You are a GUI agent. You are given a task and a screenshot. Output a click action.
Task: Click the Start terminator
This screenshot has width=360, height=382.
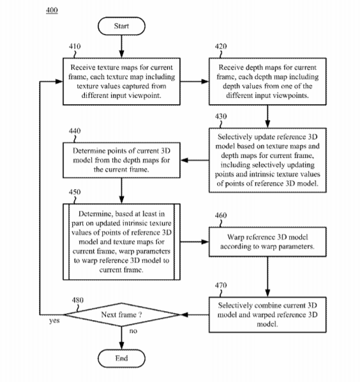[x=121, y=26]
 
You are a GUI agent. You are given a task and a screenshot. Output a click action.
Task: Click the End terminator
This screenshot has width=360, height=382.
[x=121, y=358]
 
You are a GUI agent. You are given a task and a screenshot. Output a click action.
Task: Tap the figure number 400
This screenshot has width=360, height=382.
[x=52, y=10]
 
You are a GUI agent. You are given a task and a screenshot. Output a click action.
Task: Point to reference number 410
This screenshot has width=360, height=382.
[x=75, y=46]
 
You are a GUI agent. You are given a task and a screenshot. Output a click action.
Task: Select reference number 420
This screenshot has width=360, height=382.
[x=221, y=46]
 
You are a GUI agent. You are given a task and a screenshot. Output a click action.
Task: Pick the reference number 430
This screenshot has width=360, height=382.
[x=221, y=116]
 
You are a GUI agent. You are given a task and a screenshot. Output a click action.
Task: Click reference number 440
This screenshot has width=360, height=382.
[x=75, y=131]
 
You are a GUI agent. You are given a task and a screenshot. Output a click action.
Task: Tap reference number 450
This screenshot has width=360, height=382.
[x=75, y=192]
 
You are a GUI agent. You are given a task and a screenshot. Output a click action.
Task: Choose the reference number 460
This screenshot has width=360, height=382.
[x=221, y=215]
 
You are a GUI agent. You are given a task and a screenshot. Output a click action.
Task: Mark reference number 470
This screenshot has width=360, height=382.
[x=221, y=286]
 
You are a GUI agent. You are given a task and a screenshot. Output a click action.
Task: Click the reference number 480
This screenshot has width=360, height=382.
[x=78, y=300]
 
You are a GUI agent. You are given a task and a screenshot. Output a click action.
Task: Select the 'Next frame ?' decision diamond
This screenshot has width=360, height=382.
[x=121, y=315]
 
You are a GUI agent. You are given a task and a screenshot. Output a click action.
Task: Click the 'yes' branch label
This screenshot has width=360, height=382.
[x=54, y=321]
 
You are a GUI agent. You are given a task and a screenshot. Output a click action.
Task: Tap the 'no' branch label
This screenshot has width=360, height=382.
[x=133, y=331]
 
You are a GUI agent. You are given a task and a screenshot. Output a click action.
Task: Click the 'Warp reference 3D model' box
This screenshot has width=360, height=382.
[x=267, y=241]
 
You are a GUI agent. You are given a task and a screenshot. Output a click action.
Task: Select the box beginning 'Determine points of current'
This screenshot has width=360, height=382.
[x=121, y=160]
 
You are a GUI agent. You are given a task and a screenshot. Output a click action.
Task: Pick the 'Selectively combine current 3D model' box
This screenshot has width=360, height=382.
[x=267, y=315]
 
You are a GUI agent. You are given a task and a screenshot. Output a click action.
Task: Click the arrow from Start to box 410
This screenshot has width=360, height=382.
[x=121, y=47]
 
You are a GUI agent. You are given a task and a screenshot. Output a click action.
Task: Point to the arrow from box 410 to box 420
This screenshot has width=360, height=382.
[x=195, y=82]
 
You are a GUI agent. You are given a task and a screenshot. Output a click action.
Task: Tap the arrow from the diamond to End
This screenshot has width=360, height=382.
[x=121, y=338]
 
